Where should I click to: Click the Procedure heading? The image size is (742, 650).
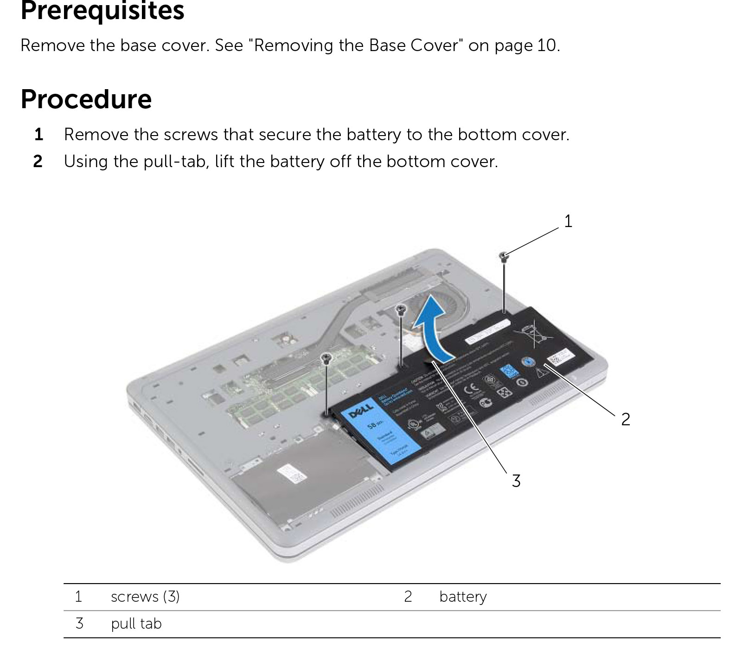click(86, 99)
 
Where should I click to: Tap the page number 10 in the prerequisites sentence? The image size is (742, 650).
click(546, 45)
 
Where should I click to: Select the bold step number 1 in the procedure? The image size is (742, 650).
click(39, 135)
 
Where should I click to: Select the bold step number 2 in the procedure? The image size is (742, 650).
click(38, 162)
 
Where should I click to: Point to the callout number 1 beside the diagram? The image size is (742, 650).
click(568, 221)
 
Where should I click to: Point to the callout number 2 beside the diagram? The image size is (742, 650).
click(626, 419)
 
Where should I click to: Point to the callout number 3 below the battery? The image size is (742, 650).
click(516, 481)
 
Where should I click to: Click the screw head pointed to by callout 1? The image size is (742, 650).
click(504, 255)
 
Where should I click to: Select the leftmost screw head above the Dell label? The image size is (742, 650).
click(327, 357)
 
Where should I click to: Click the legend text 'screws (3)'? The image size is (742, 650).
click(145, 597)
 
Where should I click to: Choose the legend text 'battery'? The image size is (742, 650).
click(463, 597)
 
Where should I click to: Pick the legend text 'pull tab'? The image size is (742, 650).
click(136, 624)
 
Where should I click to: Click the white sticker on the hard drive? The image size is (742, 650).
click(291, 473)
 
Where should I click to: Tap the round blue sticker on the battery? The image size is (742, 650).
click(527, 362)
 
